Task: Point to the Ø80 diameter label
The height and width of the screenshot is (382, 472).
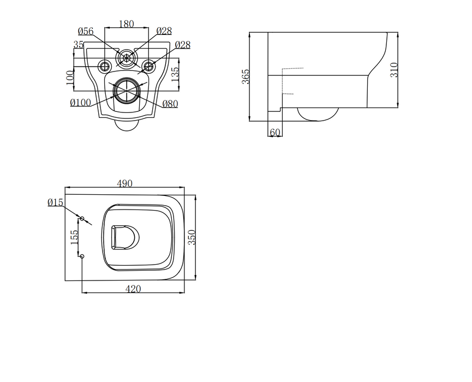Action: [170, 104]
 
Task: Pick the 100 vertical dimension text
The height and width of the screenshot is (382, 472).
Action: [69, 77]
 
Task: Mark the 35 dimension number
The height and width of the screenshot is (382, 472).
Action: [78, 45]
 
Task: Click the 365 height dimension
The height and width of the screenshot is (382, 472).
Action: [246, 76]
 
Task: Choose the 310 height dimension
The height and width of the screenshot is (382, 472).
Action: [395, 69]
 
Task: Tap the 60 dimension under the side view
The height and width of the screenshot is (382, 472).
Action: [275, 133]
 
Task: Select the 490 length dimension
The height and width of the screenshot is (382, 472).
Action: [125, 184]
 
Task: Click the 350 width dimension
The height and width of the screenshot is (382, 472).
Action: [191, 237]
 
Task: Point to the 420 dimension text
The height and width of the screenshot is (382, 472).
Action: [133, 289]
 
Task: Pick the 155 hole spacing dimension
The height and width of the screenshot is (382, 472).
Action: [75, 237]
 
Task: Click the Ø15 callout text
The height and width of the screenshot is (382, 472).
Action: [56, 202]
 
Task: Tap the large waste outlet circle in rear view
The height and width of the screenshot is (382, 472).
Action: [126, 90]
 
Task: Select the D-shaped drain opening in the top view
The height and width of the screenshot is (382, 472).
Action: [124, 237]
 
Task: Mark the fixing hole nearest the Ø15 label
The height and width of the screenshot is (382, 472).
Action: [82, 218]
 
